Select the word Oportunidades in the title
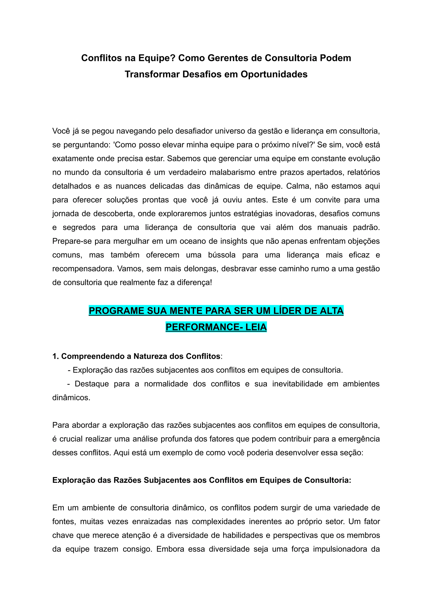coord(274,74)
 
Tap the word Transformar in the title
coord(152,74)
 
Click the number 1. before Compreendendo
coord(55,356)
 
